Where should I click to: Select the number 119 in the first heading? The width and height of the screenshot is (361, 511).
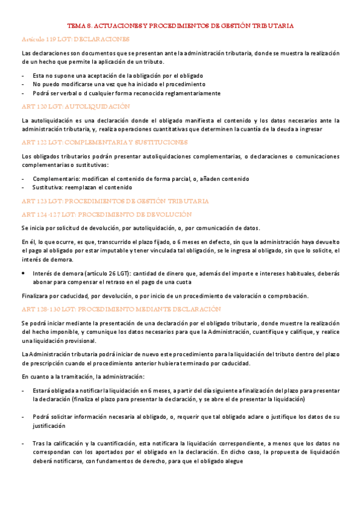point(52,39)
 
